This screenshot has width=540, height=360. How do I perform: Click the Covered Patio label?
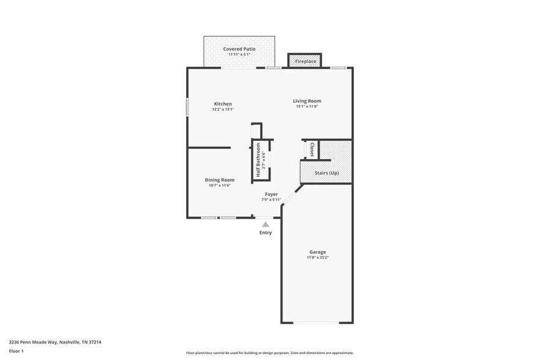239,48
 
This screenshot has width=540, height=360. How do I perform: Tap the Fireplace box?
306,61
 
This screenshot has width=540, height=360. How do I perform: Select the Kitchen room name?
223,103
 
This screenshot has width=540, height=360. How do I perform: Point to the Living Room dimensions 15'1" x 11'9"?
307,107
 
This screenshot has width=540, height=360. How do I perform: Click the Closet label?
312,149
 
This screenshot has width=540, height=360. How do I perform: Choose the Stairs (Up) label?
326,173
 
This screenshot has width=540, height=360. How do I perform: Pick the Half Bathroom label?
258,161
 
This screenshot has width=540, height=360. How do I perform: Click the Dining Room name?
220,179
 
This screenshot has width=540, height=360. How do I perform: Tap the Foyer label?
271,194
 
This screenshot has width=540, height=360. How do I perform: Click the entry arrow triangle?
266,225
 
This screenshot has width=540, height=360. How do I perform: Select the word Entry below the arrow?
266,233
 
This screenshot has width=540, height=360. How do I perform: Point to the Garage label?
317,252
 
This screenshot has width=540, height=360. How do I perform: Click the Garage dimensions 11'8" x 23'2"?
317,258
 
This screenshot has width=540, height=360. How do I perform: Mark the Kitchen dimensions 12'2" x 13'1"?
223,110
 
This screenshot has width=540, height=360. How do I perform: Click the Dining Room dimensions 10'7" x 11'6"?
220,186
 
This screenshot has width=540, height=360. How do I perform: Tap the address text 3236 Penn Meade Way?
55,342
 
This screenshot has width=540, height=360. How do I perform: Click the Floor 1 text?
17,351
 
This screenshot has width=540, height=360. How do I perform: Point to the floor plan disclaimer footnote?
269,353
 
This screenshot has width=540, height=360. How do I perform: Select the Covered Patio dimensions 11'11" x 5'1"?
239,54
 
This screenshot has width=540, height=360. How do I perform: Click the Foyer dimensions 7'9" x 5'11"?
271,200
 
